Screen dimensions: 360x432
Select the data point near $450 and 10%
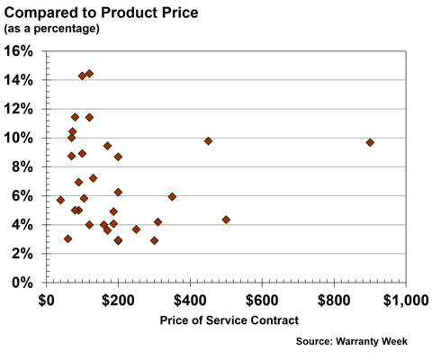pos(208,141)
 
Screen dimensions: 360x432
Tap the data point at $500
pos(226,220)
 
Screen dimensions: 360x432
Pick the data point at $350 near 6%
pos(172,196)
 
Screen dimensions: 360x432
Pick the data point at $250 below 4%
pos(136,229)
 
